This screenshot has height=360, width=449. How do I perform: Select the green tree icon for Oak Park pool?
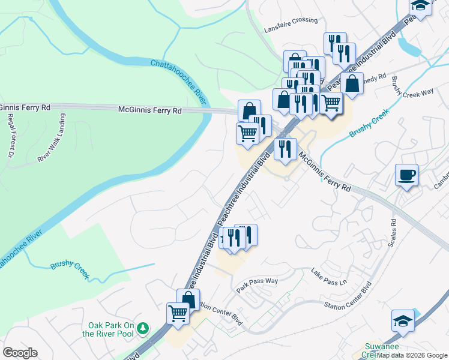143,328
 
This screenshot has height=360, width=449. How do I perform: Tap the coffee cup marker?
406,175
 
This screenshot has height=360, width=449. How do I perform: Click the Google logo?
20,353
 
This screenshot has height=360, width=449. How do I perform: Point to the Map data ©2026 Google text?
412,355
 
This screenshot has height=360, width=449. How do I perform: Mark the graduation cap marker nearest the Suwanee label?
403,321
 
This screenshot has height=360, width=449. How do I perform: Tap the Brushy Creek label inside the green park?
70,269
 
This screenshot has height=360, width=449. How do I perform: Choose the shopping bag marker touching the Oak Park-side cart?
188,299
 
